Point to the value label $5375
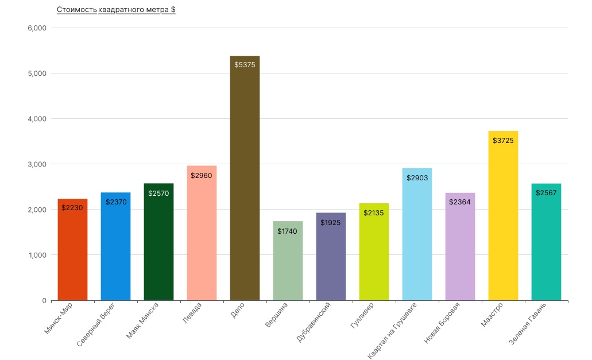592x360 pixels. [245, 65]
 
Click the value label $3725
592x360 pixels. [503, 140]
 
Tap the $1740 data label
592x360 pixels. [287, 231]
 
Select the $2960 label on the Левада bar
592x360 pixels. [202, 175]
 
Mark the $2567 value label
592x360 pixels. [546, 193]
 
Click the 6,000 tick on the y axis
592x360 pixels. [37, 28]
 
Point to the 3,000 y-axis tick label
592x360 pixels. [37, 164]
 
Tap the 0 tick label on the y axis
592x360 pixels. [44, 300]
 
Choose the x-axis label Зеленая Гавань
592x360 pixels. [528, 324]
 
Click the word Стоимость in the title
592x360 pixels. [76, 10]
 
